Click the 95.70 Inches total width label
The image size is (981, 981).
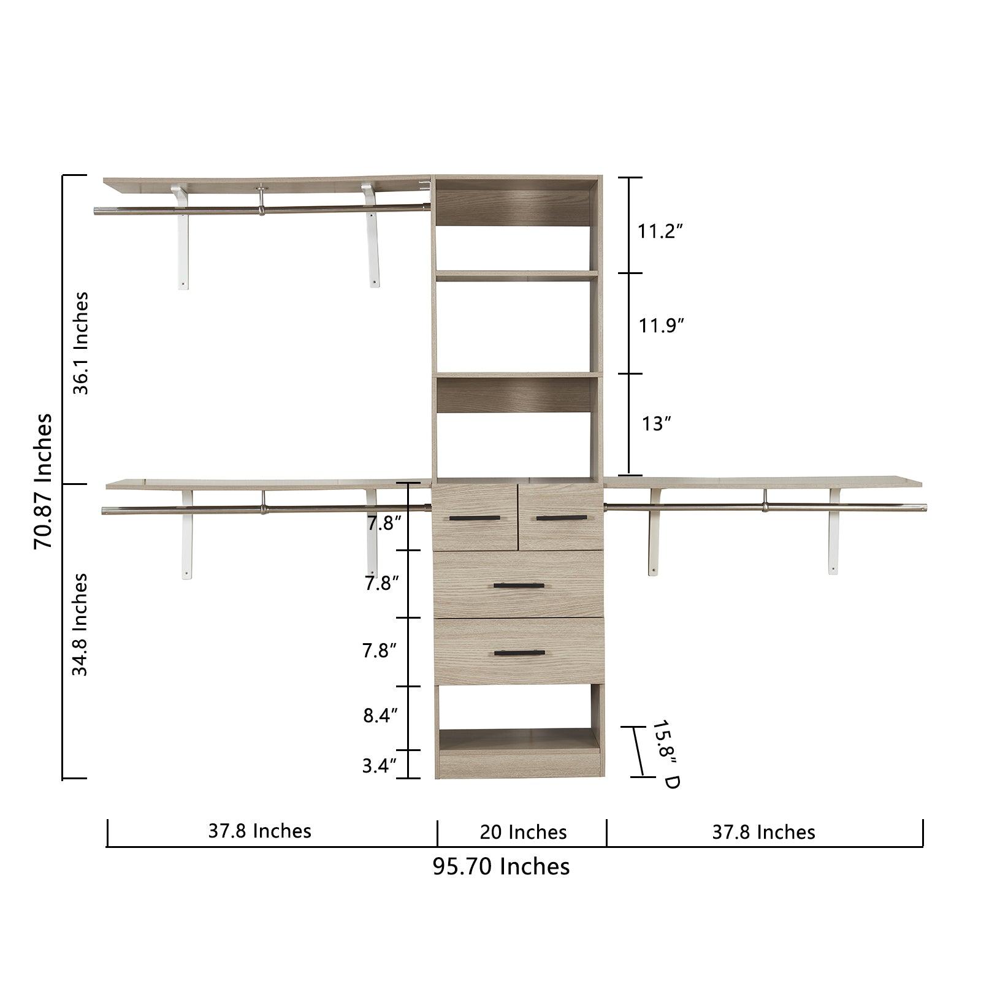[x=501, y=866]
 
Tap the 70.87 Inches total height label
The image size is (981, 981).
[x=43, y=481]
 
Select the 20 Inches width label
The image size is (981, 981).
[x=523, y=832]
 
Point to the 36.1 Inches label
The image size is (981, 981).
[x=80, y=343]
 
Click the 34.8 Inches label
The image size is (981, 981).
[x=80, y=625]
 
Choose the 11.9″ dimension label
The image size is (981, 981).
[x=661, y=325]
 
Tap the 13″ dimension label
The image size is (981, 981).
[x=657, y=423]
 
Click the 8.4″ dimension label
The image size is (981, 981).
[x=380, y=715]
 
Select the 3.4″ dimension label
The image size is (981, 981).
[x=380, y=766]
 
